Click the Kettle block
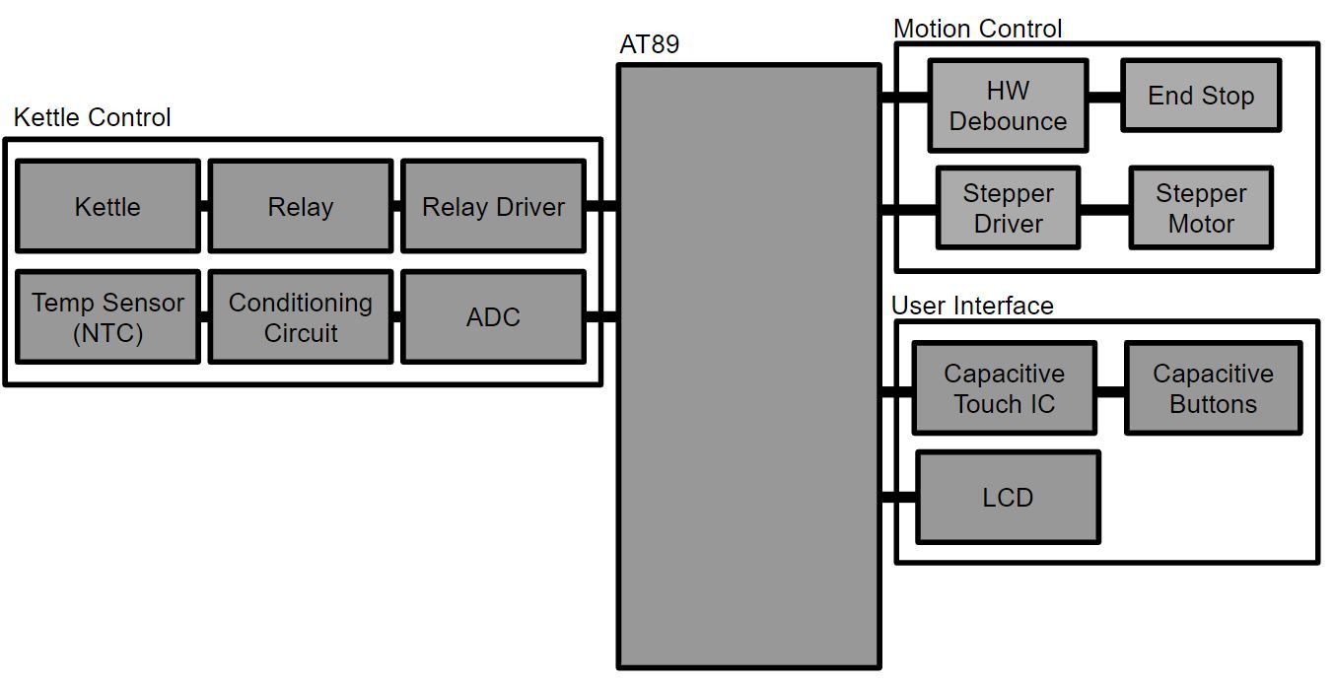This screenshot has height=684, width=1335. coord(107,206)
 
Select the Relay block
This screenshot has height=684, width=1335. coord(300,206)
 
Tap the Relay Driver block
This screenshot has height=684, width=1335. coord(493,206)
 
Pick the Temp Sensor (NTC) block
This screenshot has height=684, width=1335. coord(107,317)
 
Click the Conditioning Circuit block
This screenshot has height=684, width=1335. coord(300,317)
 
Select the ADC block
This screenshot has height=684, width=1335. coord(493,317)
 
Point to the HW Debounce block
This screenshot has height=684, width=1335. coord(1008,105)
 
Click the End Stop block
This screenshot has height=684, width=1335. coord(1200,96)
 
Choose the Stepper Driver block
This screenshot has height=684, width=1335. coord(1008,208)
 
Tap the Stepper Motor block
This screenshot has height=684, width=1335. coord(1200,208)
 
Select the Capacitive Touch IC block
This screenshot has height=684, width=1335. coord(1004,388)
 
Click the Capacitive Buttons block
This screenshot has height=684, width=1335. coord(1213,388)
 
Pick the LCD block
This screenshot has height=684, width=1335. coord(1008,497)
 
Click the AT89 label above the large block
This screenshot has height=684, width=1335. coord(649,45)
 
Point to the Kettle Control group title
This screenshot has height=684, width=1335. coord(92,117)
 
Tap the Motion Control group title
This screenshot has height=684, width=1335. coord(977,29)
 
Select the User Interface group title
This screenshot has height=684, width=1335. coord(972,306)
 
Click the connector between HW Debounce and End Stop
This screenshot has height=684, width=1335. coord(1104,97)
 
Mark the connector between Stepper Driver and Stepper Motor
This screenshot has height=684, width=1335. coord(1104,209)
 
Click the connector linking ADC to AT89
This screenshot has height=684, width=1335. coord(601,317)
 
